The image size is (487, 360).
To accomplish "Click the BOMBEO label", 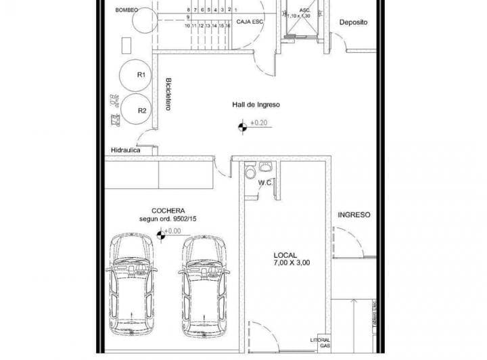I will pyautogui.click(x=126, y=10).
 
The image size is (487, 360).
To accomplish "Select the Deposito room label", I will pyautogui.click(x=353, y=22).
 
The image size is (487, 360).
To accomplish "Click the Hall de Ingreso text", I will pyautogui.click(x=256, y=105).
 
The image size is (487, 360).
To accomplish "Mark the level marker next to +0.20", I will pyautogui.click(x=241, y=125).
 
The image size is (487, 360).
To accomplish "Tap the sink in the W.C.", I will pyautogui.click(x=266, y=167).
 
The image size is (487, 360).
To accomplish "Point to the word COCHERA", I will pyautogui.click(x=168, y=210).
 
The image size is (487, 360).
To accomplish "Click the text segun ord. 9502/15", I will pyautogui.click(x=168, y=219).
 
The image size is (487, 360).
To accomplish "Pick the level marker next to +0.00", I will pyautogui.click(x=161, y=235).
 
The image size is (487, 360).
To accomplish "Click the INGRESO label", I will pyautogui.click(x=354, y=215).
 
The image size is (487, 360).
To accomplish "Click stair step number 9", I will pyautogui.click(x=188, y=18).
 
